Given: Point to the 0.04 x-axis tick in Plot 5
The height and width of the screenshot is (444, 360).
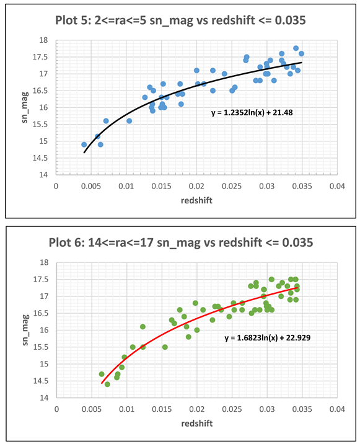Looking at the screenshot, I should coord(336,185).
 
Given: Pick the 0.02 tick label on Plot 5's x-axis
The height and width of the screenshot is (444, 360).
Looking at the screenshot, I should coord(197,185).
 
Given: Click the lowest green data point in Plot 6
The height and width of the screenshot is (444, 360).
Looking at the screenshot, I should coord(107,384).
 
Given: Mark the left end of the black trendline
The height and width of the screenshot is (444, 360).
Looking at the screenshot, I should coord(84,152).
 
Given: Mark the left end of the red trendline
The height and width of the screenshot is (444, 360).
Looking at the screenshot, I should coord(102,383).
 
